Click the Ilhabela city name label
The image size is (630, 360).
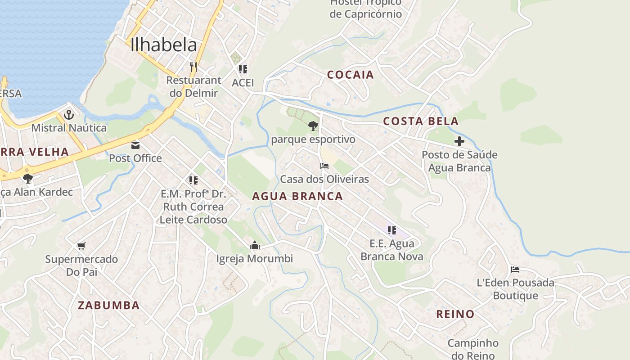tap(164, 45)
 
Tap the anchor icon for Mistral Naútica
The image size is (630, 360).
tap(69, 115)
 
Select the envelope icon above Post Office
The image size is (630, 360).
tap(135, 145)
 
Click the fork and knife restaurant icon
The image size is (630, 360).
tap(193, 67)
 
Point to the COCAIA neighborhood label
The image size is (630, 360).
tap(351, 75)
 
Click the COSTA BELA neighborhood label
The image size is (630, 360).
tap(421, 121)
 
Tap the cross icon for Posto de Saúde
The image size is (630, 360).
tap(459, 141)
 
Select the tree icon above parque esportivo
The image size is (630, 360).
tap(313, 126)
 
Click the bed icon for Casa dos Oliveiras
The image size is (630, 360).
tap(324, 166)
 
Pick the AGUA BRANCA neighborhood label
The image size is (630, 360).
tap(297, 196)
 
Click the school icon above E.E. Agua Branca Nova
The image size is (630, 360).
tap(392, 230)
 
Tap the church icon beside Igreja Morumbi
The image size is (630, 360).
tap(255, 245)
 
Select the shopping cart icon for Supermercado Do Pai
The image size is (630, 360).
tap(81, 246)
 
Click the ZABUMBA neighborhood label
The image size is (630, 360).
tap(108, 305)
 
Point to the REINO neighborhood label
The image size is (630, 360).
tap(455, 314)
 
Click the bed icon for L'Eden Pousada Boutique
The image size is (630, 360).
tap(515, 270)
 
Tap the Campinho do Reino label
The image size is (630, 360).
tap(472, 349)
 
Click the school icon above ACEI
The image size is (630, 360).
tap(243, 69)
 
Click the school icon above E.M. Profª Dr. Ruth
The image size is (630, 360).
tap(193, 180)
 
